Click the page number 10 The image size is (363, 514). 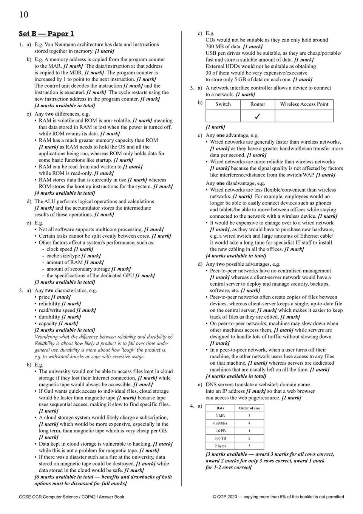[x=23, y=15]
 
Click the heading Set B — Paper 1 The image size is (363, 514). [x=46, y=34]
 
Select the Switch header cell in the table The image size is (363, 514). [x=223, y=104]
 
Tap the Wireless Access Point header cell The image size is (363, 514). [x=304, y=104]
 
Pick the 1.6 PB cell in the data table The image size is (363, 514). [x=220, y=431]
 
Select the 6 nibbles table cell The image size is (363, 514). [x=220, y=423]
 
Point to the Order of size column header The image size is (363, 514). [x=249, y=408]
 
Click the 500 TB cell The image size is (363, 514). [x=220, y=438]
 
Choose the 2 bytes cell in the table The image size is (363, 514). [x=220, y=446]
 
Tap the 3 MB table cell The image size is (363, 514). [x=220, y=416]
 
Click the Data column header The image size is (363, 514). [x=220, y=408]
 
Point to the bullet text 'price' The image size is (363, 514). [x=44, y=297]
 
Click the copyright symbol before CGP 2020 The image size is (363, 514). [x=215, y=497]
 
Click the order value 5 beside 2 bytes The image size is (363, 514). [x=249, y=446]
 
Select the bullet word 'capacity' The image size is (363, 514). [x=48, y=324]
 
